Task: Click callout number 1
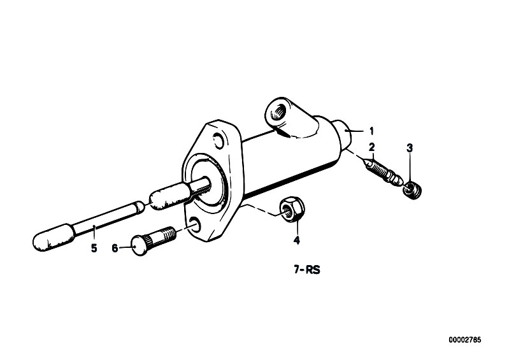click(x=371, y=131)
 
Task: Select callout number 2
click(x=371, y=147)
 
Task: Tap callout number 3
click(x=410, y=148)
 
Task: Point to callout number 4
click(x=296, y=241)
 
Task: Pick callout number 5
click(x=94, y=248)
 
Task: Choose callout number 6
click(x=115, y=248)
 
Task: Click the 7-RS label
click(x=307, y=270)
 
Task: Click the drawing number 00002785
click(x=465, y=340)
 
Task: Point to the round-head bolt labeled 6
click(x=152, y=241)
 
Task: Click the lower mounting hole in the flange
click(x=195, y=226)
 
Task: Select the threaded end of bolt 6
click(x=168, y=233)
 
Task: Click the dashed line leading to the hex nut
click(x=265, y=210)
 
